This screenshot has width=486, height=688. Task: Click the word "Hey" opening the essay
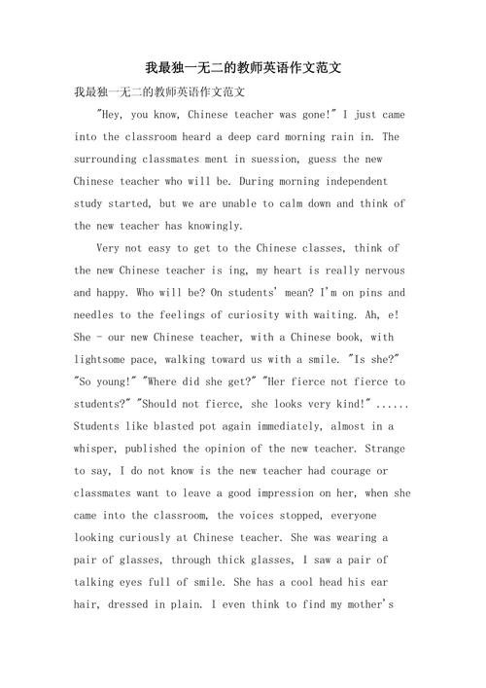click(108, 114)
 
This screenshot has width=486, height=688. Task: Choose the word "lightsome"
click(106, 360)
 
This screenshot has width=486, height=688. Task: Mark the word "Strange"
click(383, 450)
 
